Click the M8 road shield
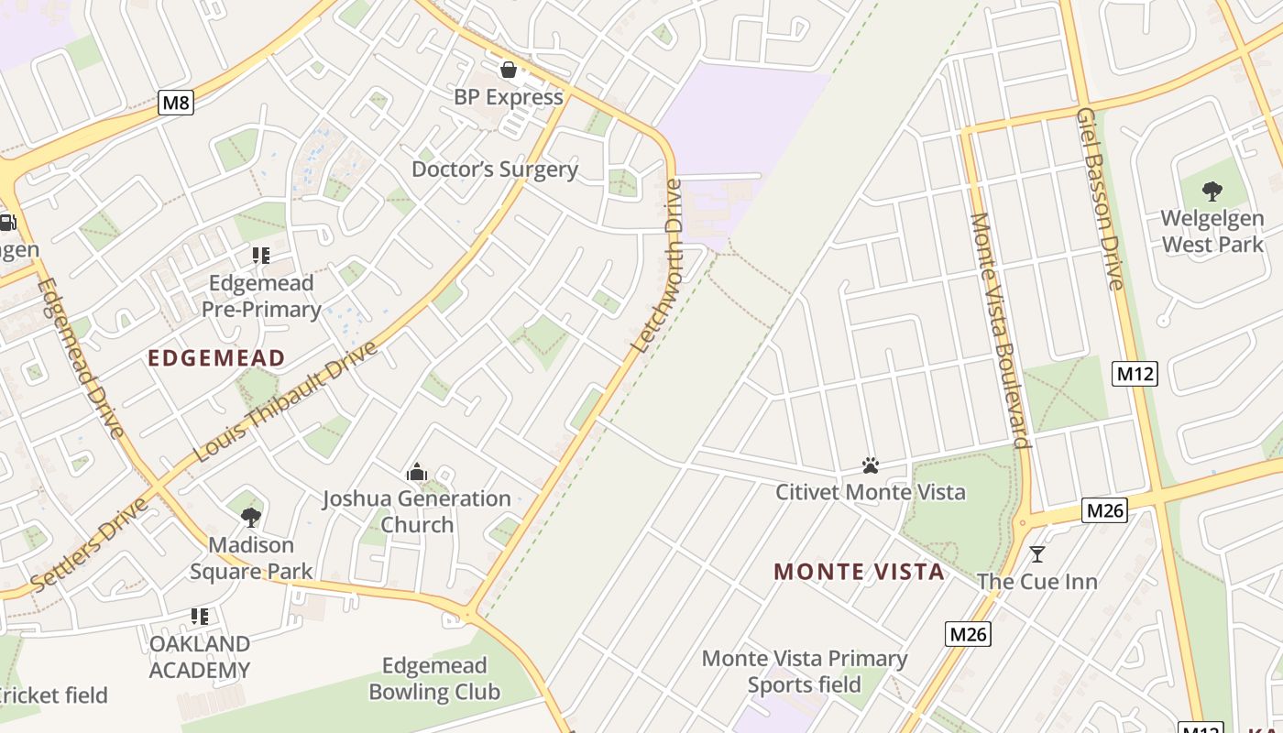(x=176, y=103)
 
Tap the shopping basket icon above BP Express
(x=508, y=70)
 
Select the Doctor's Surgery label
(x=495, y=170)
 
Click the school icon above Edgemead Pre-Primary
(x=261, y=256)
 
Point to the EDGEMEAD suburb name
(x=217, y=358)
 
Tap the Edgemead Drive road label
(x=80, y=357)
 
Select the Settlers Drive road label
(x=90, y=545)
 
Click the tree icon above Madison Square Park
(x=251, y=518)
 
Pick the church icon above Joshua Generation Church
(x=417, y=472)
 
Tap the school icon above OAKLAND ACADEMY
(x=200, y=617)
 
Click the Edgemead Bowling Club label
(x=434, y=678)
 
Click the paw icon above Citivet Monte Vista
(x=871, y=465)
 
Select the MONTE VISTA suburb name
(x=859, y=573)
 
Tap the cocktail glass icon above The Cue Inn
(x=1037, y=554)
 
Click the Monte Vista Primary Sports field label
(x=805, y=672)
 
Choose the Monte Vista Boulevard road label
(x=1000, y=330)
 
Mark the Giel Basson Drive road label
(x=1100, y=199)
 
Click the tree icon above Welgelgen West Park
(x=1212, y=191)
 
